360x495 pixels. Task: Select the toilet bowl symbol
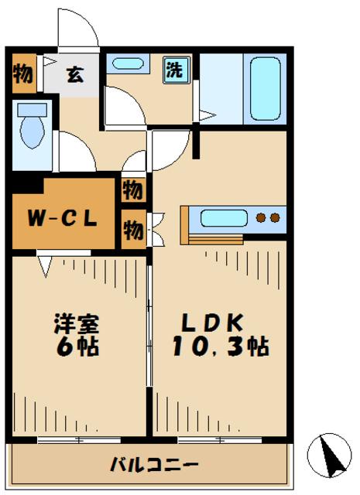[33, 129]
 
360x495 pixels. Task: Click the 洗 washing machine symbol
[175, 70]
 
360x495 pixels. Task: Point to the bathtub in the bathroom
[265, 88]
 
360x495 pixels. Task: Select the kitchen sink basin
[224, 218]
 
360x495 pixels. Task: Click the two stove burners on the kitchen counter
[267, 218]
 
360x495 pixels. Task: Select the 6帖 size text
[76, 346]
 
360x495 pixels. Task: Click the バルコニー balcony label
[153, 466]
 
